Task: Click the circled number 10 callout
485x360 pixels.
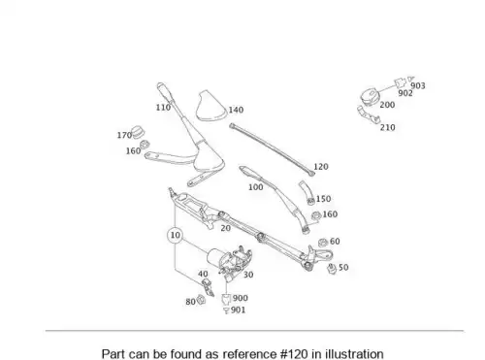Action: tap(175, 235)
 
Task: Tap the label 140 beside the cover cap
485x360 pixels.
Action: tap(236, 110)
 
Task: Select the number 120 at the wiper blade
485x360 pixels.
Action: tap(321, 167)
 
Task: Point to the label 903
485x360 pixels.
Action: tap(418, 85)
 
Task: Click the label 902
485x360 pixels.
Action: tap(405, 93)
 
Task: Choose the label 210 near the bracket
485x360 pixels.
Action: tap(387, 127)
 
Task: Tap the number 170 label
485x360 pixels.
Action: tap(124, 135)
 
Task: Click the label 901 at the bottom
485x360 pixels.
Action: tap(238, 311)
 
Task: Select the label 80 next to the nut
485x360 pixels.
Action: tap(190, 302)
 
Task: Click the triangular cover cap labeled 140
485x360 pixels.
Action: tap(210, 106)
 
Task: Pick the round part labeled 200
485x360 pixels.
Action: tap(370, 96)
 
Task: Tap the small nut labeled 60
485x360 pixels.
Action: tap(323, 243)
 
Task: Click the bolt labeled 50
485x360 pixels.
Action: tap(332, 269)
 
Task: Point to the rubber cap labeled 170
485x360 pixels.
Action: tap(139, 131)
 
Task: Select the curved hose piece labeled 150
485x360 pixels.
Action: tap(307, 192)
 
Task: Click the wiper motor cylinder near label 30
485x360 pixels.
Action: tap(215, 256)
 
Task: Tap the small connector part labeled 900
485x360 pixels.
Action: tap(226, 299)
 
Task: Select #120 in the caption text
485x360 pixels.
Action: tap(294, 354)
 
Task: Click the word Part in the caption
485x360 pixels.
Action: tap(113, 354)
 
